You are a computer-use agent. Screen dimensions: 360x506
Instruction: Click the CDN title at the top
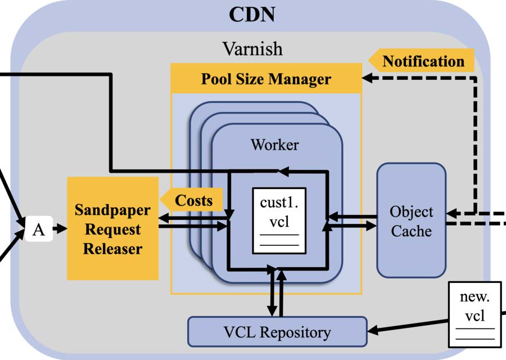(x=252, y=14)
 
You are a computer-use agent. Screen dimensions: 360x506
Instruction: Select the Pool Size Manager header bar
(x=266, y=79)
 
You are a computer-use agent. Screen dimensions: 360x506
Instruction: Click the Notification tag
(x=423, y=61)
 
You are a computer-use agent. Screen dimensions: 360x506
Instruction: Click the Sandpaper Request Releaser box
(x=112, y=229)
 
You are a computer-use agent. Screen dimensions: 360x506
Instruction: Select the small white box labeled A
(x=39, y=229)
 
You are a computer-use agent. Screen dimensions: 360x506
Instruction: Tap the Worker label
(x=274, y=145)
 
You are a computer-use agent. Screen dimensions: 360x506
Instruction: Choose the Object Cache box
(x=412, y=220)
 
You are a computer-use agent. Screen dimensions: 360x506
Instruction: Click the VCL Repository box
(x=277, y=332)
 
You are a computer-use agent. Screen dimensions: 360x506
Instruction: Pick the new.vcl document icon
(x=475, y=314)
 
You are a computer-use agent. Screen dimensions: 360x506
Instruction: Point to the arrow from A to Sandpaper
(x=60, y=229)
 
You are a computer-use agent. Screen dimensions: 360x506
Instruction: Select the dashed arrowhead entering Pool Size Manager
(x=367, y=78)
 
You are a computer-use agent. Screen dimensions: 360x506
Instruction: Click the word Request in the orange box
(x=112, y=229)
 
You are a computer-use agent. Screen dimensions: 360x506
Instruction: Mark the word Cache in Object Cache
(x=412, y=230)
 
